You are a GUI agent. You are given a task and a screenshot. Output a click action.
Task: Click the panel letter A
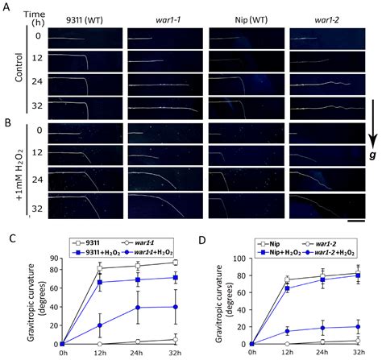6,6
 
